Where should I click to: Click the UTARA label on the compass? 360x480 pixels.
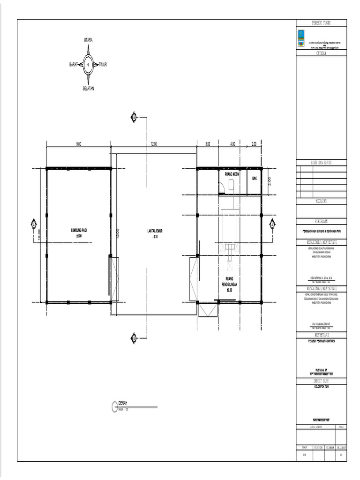point(88,41)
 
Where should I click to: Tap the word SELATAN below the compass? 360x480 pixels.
point(88,89)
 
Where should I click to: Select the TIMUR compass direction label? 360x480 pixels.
point(103,64)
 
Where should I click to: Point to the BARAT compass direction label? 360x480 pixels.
point(74,64)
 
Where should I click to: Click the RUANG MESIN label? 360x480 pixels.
point(232,174)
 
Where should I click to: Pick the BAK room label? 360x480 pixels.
point(255,178)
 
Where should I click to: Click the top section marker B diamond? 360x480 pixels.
point(134,116)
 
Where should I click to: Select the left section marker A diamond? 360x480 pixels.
point(34,225)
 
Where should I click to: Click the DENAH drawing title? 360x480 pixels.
point(123,404)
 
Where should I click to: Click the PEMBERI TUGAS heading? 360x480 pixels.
point(322,23)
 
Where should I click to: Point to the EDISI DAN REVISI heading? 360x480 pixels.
point(322,162)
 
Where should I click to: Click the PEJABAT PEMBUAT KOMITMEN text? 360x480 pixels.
point(322,341)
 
